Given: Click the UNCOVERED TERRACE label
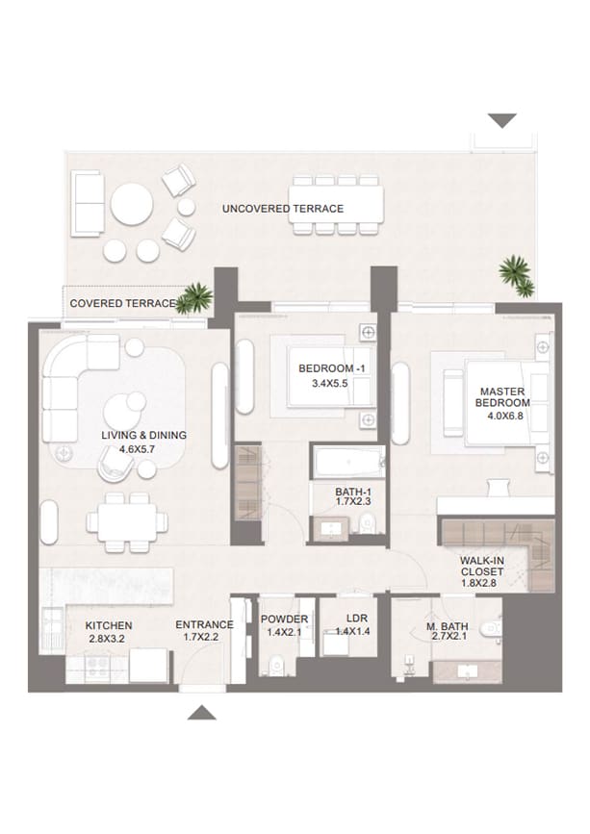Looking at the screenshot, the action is (283, 209).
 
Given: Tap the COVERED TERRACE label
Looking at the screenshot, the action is (123, 303).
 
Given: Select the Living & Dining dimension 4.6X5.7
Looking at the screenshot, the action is (137, 449).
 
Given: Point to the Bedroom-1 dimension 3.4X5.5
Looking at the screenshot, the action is (329, 383).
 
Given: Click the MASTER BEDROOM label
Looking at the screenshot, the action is (502, 396).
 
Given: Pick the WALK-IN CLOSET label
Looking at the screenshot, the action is (482, 566).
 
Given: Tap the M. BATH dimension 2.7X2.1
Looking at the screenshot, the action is (450, 636).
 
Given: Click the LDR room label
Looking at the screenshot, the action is (356, 619).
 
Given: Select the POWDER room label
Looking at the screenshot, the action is (284, 619).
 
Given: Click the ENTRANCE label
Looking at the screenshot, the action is (204, 624).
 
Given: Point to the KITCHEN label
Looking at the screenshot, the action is (109, 625).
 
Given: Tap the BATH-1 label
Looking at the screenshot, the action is (353, 492).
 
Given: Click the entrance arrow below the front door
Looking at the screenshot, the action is (201, 713).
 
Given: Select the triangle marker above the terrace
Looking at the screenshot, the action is (502, 120).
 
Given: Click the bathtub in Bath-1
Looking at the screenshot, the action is (349, 462).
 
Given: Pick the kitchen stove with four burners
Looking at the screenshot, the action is (96, 666).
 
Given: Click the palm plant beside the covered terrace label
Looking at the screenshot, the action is (195, 297).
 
